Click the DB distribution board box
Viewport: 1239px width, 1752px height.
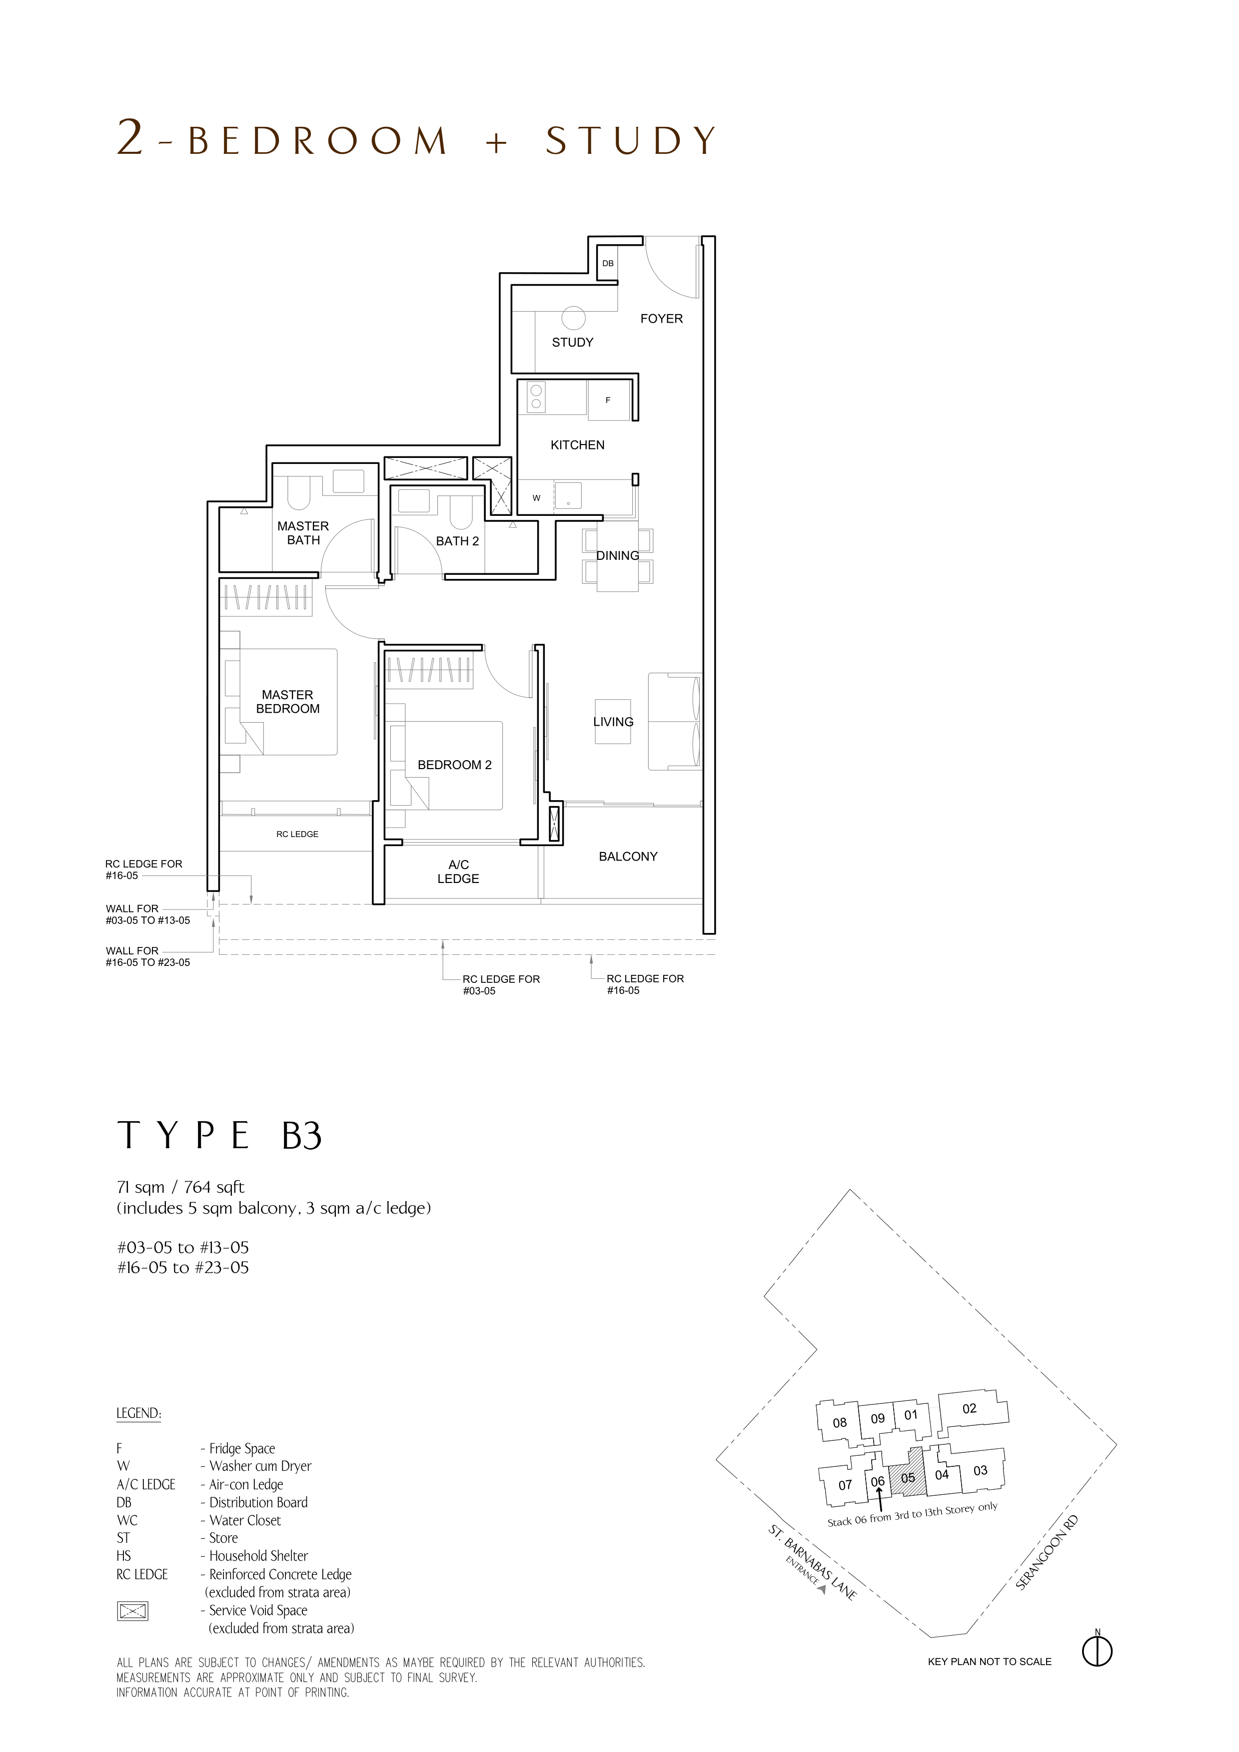pyautogui.click(x=608, y=263)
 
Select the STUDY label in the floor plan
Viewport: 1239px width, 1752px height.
pyautogui.click(x=573, y=343)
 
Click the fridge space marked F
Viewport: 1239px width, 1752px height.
pyautogui.click(x=608, y=400)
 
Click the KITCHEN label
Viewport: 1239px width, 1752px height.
pyautogui.click(x=577, y=445)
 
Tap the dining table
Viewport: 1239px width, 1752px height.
pyautogui.click(x=618, y=555)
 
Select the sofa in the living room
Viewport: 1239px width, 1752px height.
pyautogui.click(x=675, y=721)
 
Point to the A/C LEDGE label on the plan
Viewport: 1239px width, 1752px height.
pyautogui.click(x=458, y=872)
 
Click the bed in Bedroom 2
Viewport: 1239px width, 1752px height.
pyautogui.click(x=446, y=765)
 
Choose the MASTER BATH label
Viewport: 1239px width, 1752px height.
pyautogui.click(x=303, y=532)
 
